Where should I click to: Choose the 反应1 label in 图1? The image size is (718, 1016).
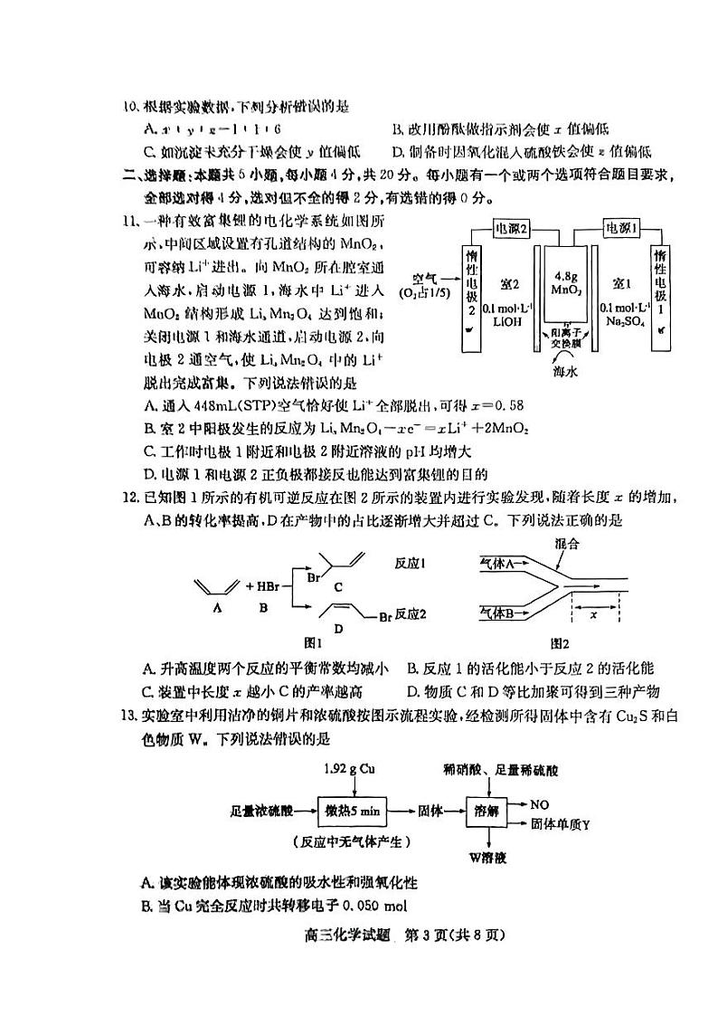pos(411,563)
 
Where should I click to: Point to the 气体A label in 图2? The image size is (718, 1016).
pos(496,563)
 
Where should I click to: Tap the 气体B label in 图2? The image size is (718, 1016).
pos(496,612)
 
